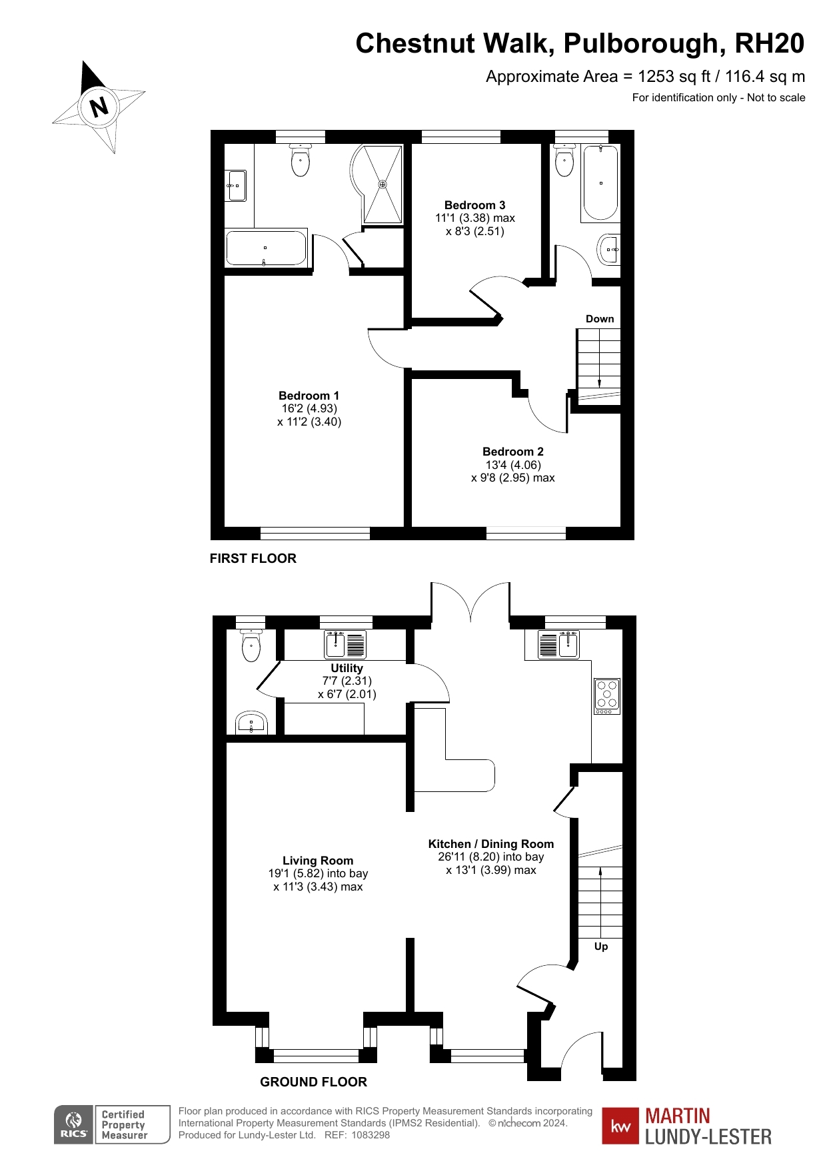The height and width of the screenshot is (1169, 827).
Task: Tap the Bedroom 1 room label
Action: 309,396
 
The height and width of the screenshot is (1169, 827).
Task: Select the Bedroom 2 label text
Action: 512,452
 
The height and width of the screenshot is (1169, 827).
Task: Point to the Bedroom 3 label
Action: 474,205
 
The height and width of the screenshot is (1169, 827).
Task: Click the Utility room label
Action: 347,668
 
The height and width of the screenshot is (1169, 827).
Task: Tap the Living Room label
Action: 317,861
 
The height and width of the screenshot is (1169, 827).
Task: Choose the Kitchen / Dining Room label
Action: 490,844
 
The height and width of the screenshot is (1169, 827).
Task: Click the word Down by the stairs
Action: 600,319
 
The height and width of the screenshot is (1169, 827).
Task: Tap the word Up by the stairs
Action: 601,947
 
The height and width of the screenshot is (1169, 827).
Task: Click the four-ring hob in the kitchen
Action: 607,695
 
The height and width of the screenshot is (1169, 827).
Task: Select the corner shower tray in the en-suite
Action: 381,184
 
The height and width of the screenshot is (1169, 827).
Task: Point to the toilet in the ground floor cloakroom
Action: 251,646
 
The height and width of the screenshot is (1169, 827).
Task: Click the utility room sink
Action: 345,644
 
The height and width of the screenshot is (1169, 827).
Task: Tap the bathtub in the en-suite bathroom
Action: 267,248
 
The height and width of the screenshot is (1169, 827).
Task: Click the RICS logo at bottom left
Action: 74,1125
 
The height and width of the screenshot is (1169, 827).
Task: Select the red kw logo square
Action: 620,1126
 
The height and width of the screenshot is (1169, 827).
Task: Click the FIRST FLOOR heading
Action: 253,559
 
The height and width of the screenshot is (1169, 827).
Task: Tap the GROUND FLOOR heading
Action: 313,1082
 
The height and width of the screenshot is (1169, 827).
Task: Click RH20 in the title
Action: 769,44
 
